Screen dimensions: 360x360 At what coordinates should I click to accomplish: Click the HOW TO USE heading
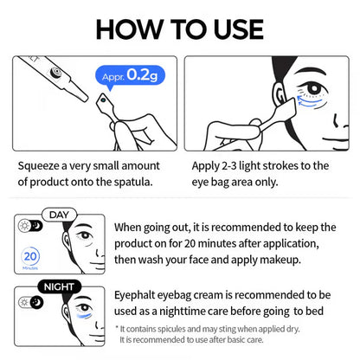(x=180, y=27)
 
